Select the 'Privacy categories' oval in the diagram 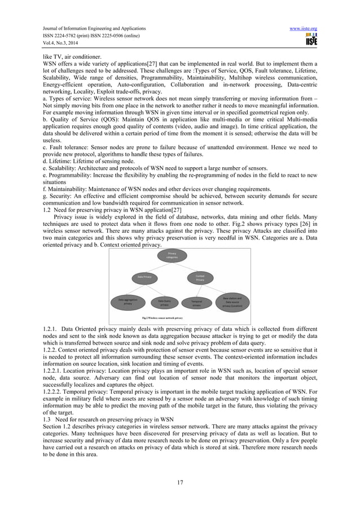172,255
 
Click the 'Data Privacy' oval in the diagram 144,277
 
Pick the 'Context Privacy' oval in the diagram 200,277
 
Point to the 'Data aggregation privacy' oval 128,301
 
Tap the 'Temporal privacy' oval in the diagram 197,303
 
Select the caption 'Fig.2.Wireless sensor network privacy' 165,319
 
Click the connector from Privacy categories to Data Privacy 158,267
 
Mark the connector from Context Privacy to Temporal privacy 199,290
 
